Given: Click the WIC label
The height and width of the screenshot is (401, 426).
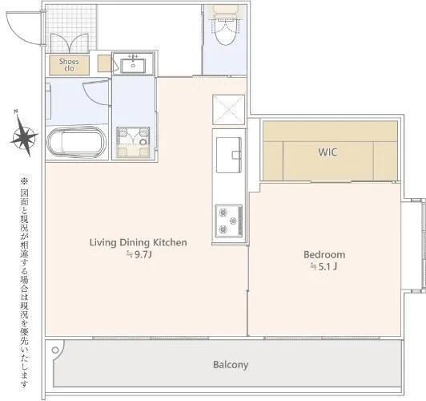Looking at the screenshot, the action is point(328,152).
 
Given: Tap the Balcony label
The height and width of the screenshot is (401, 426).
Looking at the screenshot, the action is point(231,365).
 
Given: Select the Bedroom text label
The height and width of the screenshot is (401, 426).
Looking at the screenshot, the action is point(324,255).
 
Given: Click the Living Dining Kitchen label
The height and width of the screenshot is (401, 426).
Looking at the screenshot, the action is point(139,242).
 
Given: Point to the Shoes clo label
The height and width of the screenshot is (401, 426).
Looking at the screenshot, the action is point(69,65).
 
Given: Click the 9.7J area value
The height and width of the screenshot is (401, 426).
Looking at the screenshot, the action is point(139,255).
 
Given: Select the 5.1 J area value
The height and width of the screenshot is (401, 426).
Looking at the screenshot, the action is point(324,266).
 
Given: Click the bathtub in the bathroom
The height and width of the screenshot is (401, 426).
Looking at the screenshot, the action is point(77,142).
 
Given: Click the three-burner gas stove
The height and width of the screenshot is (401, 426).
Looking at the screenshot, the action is point(229,221).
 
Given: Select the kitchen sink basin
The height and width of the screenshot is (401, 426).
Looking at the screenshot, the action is point(229,155).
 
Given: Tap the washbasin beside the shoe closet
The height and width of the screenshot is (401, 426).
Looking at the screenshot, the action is point(133,64).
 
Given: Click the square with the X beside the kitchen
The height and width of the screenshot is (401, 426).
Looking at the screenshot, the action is point(229,110).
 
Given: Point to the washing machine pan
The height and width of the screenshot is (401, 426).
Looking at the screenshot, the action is point(133,143).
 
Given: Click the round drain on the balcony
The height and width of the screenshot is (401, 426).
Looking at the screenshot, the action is point(55,350).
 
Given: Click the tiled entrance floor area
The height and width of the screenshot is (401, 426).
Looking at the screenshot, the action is point(71,28).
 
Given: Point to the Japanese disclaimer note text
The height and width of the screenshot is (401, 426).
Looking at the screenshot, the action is point(25,283).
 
